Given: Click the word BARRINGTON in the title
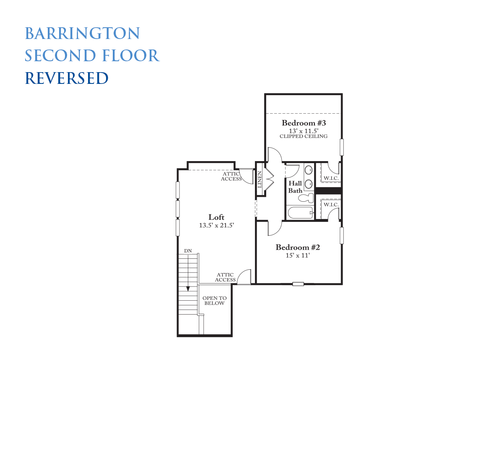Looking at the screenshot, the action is click(82, 33).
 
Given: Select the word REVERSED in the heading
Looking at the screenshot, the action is click(67, 78).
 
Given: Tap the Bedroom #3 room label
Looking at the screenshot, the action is click(304, 123).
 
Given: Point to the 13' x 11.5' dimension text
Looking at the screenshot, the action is click(304, 131).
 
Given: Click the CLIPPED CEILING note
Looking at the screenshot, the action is click(304, 136).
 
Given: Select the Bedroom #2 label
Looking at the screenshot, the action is click(298, 247).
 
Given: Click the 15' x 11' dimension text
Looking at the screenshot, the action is click(298, 255).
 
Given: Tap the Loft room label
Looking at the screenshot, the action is click(216, 217).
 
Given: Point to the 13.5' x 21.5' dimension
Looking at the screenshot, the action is click(216, 225).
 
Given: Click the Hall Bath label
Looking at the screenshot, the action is click(295, 187).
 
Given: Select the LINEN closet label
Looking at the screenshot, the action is click(260, 180).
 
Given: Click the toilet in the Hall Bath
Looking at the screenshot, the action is click(306, 198).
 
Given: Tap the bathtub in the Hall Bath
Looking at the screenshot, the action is click(301, 213).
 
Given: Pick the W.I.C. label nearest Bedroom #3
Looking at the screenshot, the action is click(331, 178).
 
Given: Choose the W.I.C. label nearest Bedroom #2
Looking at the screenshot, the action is click(331, 205).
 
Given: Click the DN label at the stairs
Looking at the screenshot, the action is click(188, 251).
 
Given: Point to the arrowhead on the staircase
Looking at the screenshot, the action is click(188, 289).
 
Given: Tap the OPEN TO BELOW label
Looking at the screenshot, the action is click(214, 300).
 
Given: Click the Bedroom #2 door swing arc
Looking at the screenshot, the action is click(278, 231).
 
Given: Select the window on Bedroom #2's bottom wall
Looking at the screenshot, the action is click(298, 284).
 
